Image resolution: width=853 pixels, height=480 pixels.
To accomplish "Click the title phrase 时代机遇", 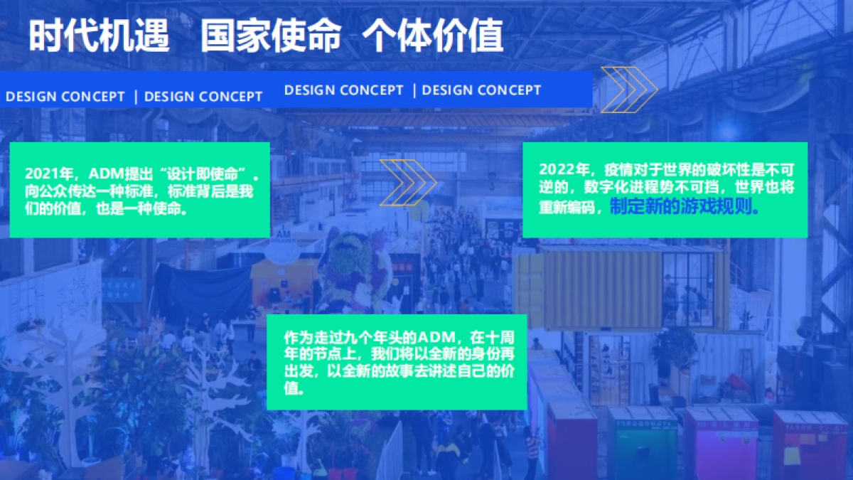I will tap(100, 36).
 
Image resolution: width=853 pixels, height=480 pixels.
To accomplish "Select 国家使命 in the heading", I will tap(271, 36).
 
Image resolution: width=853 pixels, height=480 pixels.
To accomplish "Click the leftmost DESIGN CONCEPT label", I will tap(65, 97).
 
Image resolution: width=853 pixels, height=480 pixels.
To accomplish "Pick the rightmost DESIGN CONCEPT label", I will tap(481, 90).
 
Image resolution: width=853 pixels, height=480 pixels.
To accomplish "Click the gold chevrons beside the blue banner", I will tap(628, 90).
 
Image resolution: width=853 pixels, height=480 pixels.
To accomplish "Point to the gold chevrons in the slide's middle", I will tap(407, 182).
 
